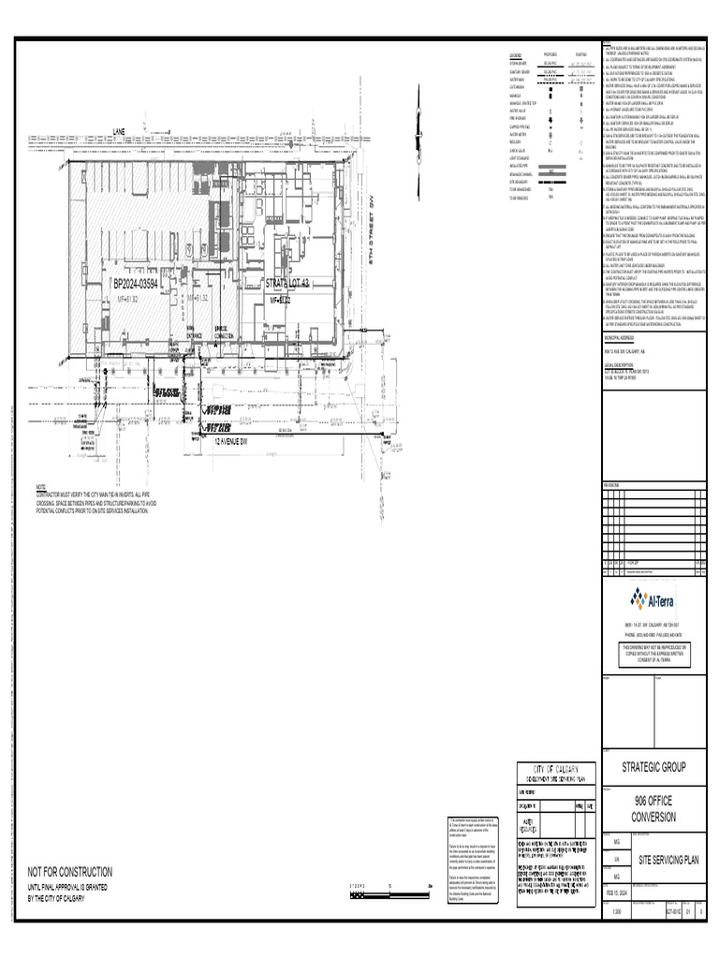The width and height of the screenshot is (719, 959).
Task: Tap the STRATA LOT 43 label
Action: [x=287, y=283]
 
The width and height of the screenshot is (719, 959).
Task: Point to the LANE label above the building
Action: [x=119, y=131]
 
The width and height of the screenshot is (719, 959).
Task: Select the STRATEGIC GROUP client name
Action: [x=654, y=767]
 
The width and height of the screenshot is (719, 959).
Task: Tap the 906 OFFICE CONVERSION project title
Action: [x=654, y=808]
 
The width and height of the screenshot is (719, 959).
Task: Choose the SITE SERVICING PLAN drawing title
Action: [x=669, y=859]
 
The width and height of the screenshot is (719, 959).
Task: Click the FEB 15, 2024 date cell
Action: [x=616, y=893]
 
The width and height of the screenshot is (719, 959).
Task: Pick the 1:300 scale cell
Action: [x=615, y=911]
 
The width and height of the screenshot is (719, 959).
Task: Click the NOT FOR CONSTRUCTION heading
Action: [x=69, y=871]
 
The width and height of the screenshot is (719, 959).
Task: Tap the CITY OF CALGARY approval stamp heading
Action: [x=555, y=768]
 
